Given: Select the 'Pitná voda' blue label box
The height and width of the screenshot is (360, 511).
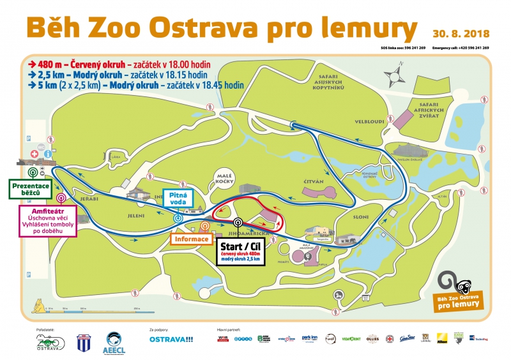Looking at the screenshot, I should point(178,199).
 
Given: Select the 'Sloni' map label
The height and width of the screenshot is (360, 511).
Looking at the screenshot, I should point(361,217).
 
